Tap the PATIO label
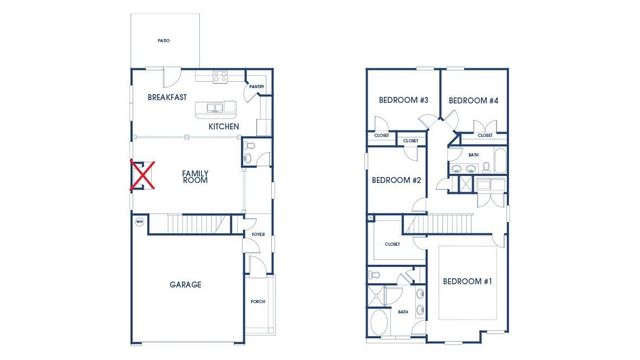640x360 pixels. click(163, 41)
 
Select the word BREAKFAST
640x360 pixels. click(168, 98)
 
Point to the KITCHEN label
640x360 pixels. click(223, 127)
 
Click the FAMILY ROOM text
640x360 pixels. click(195, 176)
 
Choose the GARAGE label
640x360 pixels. click(185, 285)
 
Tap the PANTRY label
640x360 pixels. click(257, 87)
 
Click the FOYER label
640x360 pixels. click(257, 236)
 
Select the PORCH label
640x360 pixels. click(258, 302)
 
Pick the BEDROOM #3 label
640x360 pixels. click(403, 100)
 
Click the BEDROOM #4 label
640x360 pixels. click(473, 100)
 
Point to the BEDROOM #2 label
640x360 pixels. click(396, 180)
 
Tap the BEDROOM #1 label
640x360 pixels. click(467, 282)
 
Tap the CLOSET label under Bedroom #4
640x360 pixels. click(485, 135)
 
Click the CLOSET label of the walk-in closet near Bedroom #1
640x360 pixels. click(392, 244)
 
